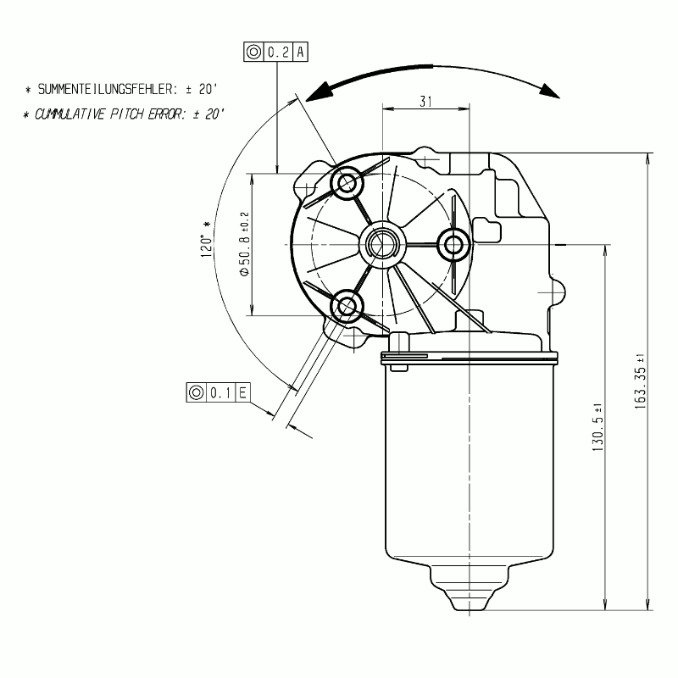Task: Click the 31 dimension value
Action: (425, 102)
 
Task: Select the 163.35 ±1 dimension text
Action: (640, 381)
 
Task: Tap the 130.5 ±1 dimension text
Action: (597, 428)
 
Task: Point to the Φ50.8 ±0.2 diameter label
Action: (244, 244)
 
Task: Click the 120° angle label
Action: (207, 240)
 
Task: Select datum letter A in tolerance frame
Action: (301, 52)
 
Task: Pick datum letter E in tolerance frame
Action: (242, 392)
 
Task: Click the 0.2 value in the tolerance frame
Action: (279, 52)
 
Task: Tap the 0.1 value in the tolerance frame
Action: (220, 392)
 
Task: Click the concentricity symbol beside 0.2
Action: (253, 52)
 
